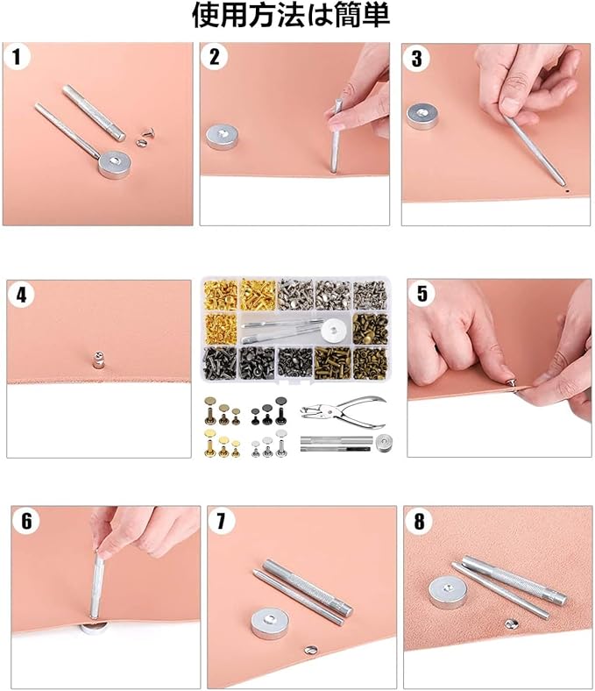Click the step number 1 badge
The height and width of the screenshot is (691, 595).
tap(18, 57)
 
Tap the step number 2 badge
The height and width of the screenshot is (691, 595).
tap(215, 57)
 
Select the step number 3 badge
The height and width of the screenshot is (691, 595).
tap(416, 58)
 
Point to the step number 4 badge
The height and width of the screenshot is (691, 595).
tap(22, 295)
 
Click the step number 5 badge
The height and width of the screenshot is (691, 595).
tap(421, 294)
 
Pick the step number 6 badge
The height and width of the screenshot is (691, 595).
tap(27, 521)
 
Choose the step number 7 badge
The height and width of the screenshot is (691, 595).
tap(221, 522)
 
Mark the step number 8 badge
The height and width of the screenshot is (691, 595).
tap(419, 522)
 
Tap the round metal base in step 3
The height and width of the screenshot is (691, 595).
tap(422, 116)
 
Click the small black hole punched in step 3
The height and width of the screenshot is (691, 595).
tap(567, 190)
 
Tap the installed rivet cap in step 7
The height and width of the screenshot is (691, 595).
tap(311, 650)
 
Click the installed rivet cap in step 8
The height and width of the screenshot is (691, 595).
tap(512, 623)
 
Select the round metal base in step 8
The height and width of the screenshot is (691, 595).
tap(448, 593)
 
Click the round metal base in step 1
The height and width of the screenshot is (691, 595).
tap(115, 164)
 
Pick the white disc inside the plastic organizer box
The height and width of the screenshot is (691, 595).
tap(336, 331)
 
